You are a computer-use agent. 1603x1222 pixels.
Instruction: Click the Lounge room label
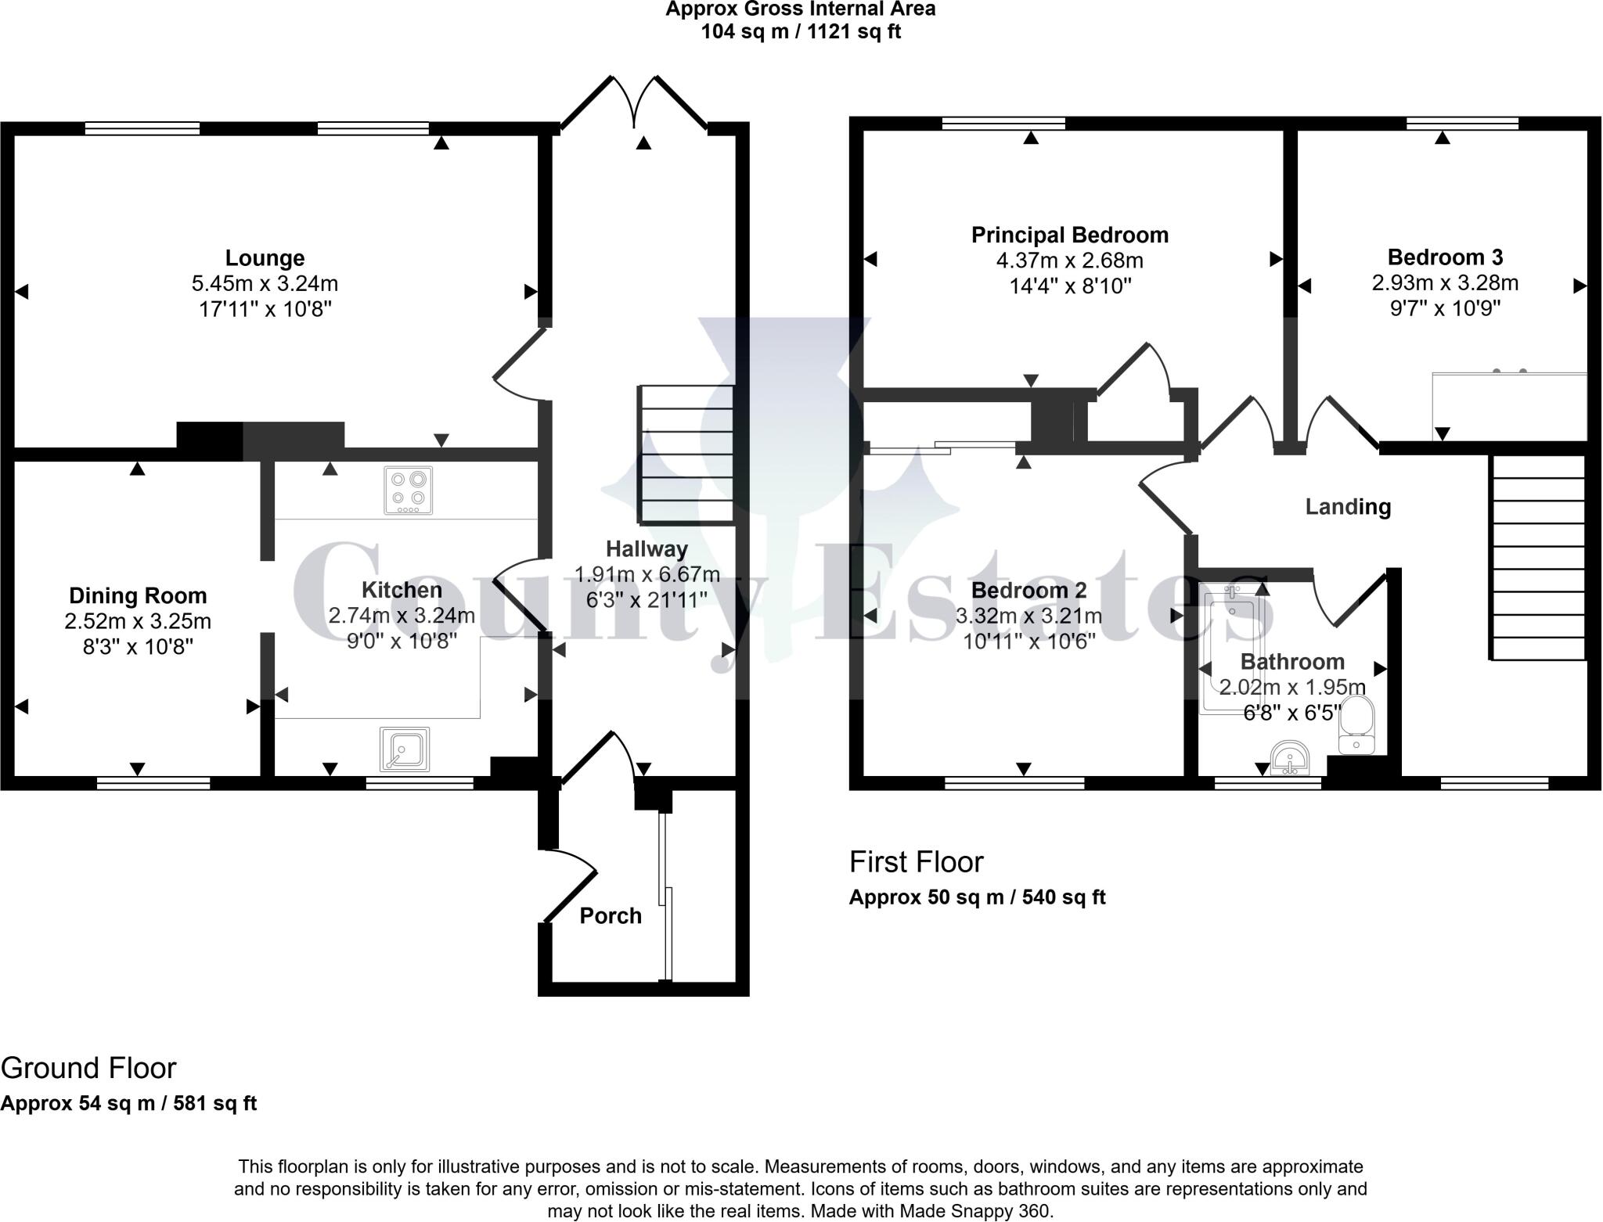[x=265, y=258]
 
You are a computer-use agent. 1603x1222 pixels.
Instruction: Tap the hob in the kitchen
[x=408, y=491]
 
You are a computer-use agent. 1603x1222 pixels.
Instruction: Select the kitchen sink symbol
[x=405, y=749]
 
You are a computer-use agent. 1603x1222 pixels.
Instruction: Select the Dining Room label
[x=138, y=595]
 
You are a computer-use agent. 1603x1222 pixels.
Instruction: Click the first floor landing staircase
[x=1539, y=558]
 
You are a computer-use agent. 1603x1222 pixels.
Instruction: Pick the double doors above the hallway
[x=635, y=103]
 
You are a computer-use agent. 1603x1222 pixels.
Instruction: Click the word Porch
[x=611, y=915]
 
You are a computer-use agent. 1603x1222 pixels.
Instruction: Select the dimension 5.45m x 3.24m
[x=265, y=283]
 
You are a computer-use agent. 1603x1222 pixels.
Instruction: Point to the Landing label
[x=1348, y=507]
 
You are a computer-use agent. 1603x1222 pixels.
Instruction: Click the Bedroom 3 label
[x=1445, y=257]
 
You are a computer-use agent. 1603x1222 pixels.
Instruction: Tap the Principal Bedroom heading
[x=1070, y=235]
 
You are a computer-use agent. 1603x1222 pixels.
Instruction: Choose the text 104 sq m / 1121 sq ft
[x=801, y=32]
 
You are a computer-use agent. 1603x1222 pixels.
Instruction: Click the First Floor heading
[x=916, y=862]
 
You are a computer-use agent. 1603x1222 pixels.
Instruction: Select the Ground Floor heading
[x=88, y=1068]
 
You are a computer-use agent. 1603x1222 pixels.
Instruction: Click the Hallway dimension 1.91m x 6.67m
[x=647, y=574]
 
